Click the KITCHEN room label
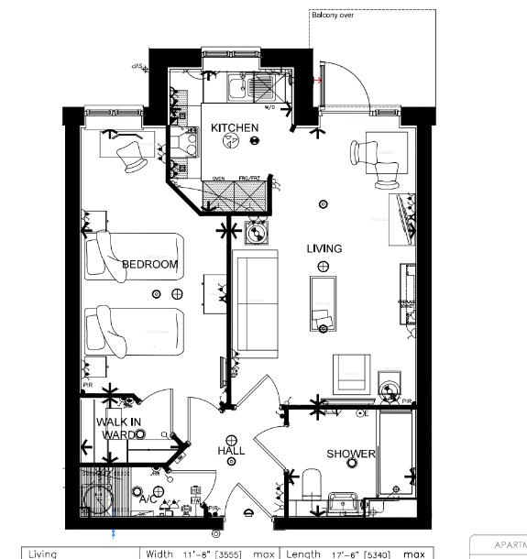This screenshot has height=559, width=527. (235, 127)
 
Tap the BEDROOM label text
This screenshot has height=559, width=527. (149, 265)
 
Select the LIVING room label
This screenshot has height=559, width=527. (324, 248)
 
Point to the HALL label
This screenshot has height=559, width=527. (231, 452)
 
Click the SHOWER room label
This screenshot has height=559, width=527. (351, 455)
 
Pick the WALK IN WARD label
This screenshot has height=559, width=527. (118, 428)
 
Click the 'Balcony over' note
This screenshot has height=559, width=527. (333, 16)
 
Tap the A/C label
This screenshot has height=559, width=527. (147, 500)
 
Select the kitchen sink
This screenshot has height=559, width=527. (237, 88)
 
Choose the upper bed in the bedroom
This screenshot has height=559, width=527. (135, 256)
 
